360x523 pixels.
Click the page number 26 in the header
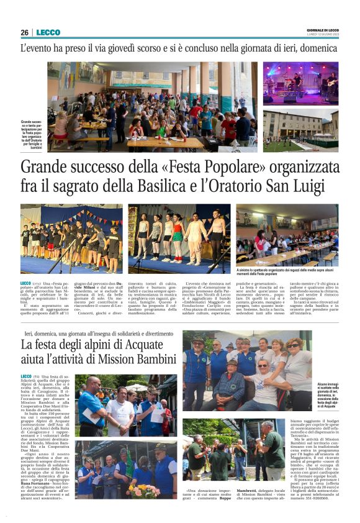click(x=24, y=32)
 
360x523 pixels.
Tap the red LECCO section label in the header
click(x=48, y=32)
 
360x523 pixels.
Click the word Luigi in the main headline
click(x=318, y=186)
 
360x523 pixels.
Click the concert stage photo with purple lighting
click(x=300, y=84)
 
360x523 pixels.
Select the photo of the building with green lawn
click(x=300, y=131)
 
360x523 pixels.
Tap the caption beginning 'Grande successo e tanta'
click(x=33, y=134)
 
